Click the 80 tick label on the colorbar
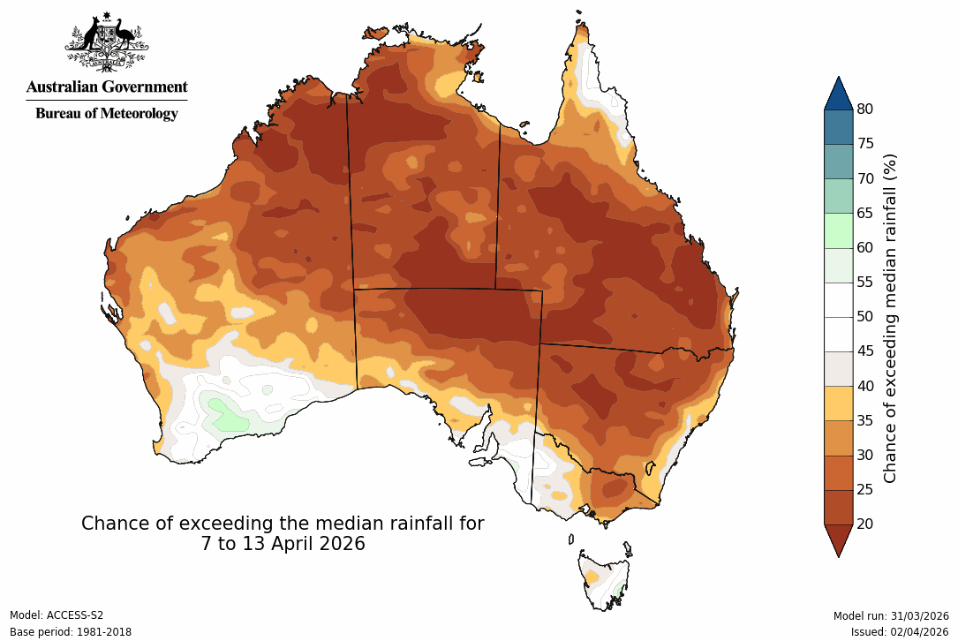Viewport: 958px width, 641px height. (865, 109)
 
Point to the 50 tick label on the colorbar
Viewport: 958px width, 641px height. (865, 316)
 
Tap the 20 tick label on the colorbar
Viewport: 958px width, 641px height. (865, 524)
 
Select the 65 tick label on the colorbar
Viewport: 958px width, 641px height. (865, 213)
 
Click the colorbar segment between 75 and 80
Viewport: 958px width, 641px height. (838, 127)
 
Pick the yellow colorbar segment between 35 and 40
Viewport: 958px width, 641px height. (838, 403)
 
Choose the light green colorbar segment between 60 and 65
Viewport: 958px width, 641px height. (838, 230)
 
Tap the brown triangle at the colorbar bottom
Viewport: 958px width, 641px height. (838, 538)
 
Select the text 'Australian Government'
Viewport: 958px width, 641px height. (107, 87)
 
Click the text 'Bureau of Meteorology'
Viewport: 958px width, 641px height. (107, 114)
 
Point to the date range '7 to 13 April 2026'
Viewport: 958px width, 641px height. (283, 544)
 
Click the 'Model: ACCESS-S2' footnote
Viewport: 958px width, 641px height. (57, 615)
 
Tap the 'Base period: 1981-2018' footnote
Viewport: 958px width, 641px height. (71, 632)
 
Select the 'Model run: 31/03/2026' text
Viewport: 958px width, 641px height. (890, 615)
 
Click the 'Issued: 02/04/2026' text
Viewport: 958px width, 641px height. (899, 632)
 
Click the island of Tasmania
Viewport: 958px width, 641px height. (603, 579)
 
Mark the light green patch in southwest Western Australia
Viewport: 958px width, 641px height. (226, 413)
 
